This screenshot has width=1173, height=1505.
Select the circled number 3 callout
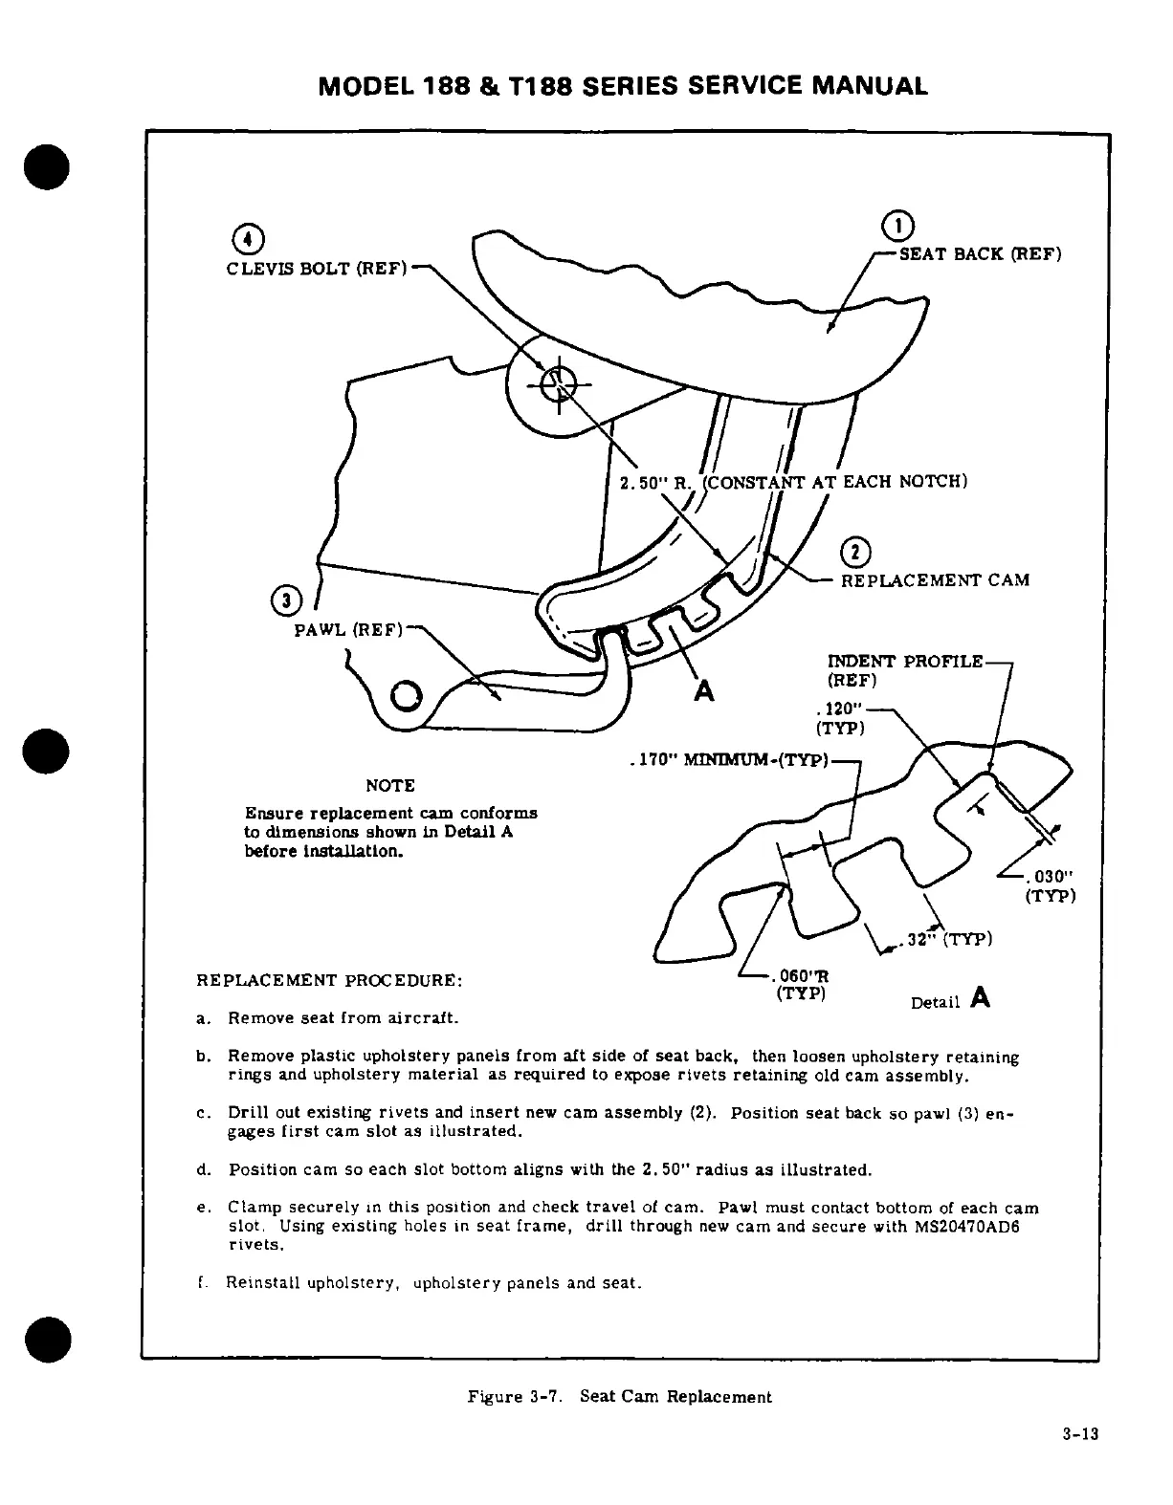[284, 600]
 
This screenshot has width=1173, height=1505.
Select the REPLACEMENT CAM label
[935, 580]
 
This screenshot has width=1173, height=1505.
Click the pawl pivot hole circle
[405, 691]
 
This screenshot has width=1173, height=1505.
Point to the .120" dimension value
[840, 710]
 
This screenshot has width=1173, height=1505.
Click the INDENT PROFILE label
[904, 662]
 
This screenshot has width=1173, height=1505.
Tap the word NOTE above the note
[390, 786]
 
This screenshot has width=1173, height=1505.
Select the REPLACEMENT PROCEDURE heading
[329, 980]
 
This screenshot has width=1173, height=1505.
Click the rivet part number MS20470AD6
[959, 1227]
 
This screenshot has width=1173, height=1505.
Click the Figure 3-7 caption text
[619, 1396]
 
